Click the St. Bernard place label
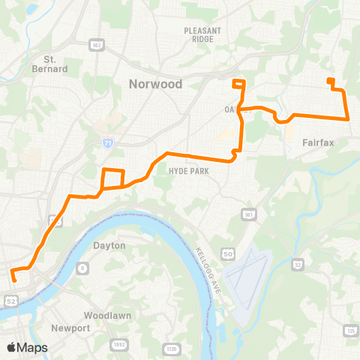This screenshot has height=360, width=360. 55,64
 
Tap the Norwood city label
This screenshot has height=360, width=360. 156,84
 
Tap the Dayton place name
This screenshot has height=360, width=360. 109,245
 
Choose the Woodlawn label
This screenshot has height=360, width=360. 98,315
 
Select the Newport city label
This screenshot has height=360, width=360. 70,328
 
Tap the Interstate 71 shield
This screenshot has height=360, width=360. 109,141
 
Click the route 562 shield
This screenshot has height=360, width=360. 96,43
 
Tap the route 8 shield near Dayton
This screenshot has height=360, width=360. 82,265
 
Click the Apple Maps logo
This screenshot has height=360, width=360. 28,347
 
